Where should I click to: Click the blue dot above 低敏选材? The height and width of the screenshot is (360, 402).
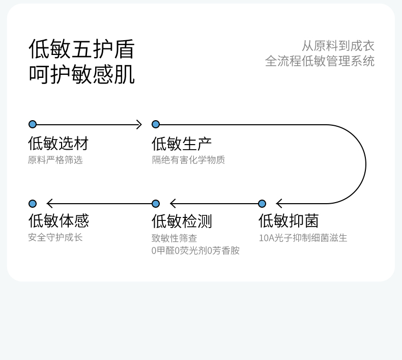coord(33,124)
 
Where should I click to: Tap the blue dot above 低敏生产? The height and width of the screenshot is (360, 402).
coord(156,124)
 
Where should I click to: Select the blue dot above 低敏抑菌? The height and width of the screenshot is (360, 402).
coord(262,204)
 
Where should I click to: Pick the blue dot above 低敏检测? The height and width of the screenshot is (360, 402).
coord(156,204)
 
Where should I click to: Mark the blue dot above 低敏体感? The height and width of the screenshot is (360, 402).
coord(33,204)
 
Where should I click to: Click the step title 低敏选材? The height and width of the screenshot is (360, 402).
coord(58,144)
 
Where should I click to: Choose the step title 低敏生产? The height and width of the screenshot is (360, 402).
coord(182,144)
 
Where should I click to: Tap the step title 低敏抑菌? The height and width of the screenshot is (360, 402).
coord(289,221)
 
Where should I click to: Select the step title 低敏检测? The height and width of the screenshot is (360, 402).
coord(182,221)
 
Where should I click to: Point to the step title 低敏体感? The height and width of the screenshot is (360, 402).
coord(58,221)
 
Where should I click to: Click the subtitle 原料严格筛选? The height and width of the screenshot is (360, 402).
coord(55,160)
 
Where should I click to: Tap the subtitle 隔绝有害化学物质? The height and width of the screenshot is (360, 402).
coord(188,160)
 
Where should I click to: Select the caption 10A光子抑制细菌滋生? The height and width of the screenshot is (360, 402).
coord(303,238)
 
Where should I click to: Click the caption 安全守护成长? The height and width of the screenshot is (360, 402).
coord(55,237)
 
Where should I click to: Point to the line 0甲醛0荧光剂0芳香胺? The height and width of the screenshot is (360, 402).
coord(195,251)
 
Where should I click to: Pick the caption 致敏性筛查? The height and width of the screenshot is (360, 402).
coord(174,238)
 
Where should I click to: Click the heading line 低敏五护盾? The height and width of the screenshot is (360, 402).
coord(81,49)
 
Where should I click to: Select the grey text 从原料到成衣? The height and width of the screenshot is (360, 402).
coord(338,46)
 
